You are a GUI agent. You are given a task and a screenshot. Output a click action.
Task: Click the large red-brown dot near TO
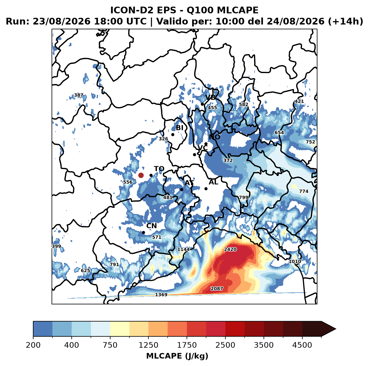pyautogui.click(x=141, y=175)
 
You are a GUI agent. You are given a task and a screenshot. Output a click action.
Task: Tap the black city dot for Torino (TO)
pyautogui.click(x=151, y=175)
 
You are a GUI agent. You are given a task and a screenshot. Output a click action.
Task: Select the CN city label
pyautogui.click(x=151, y=226)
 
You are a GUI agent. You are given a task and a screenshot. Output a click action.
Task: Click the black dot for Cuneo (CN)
pyautogui.click(x=143, y=232)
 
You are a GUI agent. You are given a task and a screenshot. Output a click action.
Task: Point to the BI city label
pyautogui.click(x=179, y=128)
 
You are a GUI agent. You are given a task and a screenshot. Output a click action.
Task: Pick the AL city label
pyautogui.click(x=213, y=182)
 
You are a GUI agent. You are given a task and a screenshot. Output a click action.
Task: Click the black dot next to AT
pyautogui.click(x=182, y=189)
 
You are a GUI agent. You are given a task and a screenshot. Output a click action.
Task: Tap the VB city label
pyautogui.click(x=211, y=97)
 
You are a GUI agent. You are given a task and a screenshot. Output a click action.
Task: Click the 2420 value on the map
pyautogui.click(x=230, y=249)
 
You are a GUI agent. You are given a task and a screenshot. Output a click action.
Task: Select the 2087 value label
pyautogui.click(x=217, y=288)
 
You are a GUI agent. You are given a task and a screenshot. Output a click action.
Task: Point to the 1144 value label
pyautogui.click(x=184, y=249)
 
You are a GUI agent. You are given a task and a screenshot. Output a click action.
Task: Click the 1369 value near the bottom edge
pyautogui.click(x=161, y=295)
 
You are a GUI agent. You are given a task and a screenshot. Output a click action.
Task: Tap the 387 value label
pyautogui.click(x=79, y=95)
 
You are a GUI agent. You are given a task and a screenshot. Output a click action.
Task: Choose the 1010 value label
pyautogui.click(x=295, y=261)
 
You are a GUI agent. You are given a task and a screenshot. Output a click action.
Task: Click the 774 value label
pyautogui.click(x=304, y=191)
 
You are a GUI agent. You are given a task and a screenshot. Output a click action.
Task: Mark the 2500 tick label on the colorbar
pyautogui.click(x=225, y=345)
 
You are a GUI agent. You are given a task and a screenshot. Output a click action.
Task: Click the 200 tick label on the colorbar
pyautogui.click(x=33, y=345)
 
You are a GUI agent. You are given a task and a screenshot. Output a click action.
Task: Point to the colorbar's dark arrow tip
pyautogui.click(x=336, y=329)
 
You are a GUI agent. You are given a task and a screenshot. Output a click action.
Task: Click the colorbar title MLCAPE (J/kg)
pyautogui.click(x=177, y=356)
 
